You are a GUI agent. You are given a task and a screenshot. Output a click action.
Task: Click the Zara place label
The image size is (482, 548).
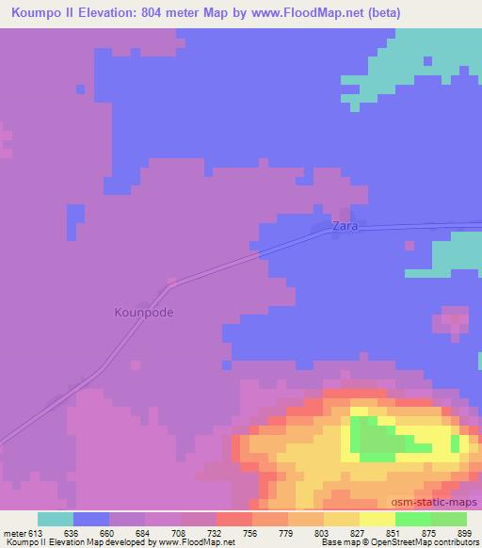click(345, 227)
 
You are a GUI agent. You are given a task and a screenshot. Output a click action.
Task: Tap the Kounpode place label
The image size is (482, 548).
click(144, 312)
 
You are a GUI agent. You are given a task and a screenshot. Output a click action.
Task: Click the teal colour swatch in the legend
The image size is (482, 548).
click(55, 519)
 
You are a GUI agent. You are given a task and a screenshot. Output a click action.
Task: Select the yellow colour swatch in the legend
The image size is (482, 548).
click(377, 519)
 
